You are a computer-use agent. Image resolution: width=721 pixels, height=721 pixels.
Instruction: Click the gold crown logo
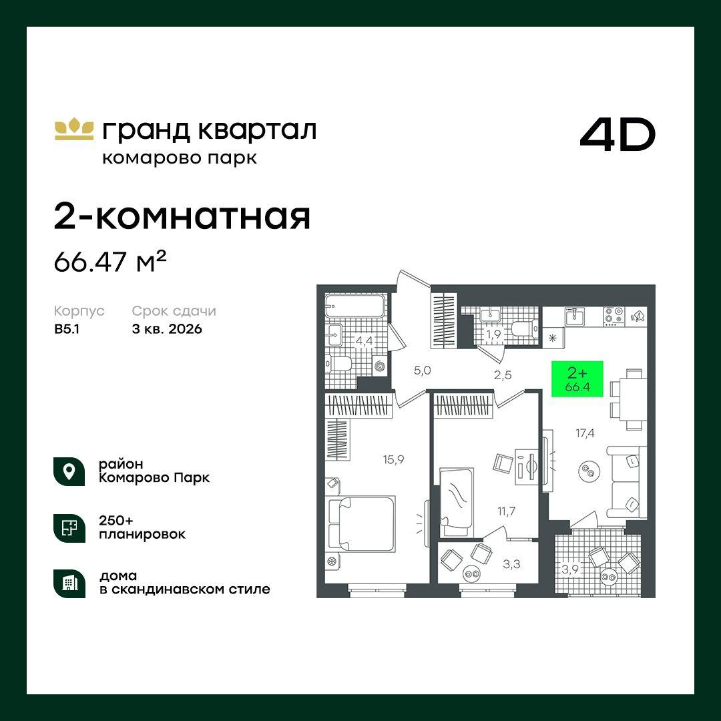click(x=73, y=129)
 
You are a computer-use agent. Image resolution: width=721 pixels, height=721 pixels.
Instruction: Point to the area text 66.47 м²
click(x=109, y=263)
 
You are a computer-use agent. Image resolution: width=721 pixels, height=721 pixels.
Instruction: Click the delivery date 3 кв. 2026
click(x=167, y=328)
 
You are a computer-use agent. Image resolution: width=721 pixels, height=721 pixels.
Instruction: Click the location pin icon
click(x=69, y=471)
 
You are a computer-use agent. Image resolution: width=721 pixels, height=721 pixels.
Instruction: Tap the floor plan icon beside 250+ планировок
click(x=69, y=527)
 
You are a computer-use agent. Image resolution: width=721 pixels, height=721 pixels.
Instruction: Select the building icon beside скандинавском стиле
click(x=69, y=583)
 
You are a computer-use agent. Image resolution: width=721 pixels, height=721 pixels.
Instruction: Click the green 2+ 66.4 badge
click(x=577, y=379)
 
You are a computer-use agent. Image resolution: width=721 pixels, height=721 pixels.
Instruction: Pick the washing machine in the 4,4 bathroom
click(x=381, y=366)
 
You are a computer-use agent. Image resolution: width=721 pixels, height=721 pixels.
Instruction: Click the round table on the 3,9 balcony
click(x=608, y=575)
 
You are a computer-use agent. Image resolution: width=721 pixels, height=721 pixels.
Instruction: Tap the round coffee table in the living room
click(x=589, y=471)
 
